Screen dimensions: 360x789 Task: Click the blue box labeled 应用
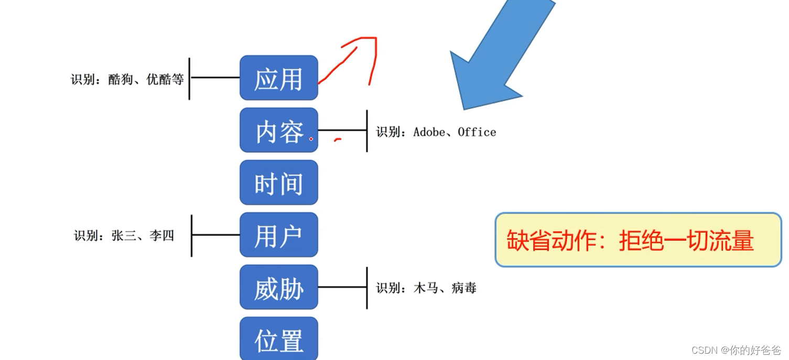click(279, 78)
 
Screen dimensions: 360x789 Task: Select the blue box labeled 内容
click(279, 130)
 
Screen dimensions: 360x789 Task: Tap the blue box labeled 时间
click(279, 183)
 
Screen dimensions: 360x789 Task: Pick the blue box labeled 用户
click(279, 235)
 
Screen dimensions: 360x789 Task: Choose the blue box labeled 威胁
click(279, 287)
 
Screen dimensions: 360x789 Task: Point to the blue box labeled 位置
click(279, 339)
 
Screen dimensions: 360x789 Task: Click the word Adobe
click(429, 132)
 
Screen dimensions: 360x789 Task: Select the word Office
click(477, 132)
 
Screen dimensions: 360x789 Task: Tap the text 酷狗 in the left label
click(121, 80)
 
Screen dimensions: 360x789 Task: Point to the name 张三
click(124, 236)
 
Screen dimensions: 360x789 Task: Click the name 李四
click(161, 236)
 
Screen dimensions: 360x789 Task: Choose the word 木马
click(426, 288)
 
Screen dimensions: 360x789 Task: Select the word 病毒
click(464, 288)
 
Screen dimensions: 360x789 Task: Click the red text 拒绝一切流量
click(686, 241)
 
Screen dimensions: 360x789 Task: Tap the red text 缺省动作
click(545, 241)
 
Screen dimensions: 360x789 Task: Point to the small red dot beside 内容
click(311, 139)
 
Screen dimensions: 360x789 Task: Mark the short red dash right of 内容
click(338, 140)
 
